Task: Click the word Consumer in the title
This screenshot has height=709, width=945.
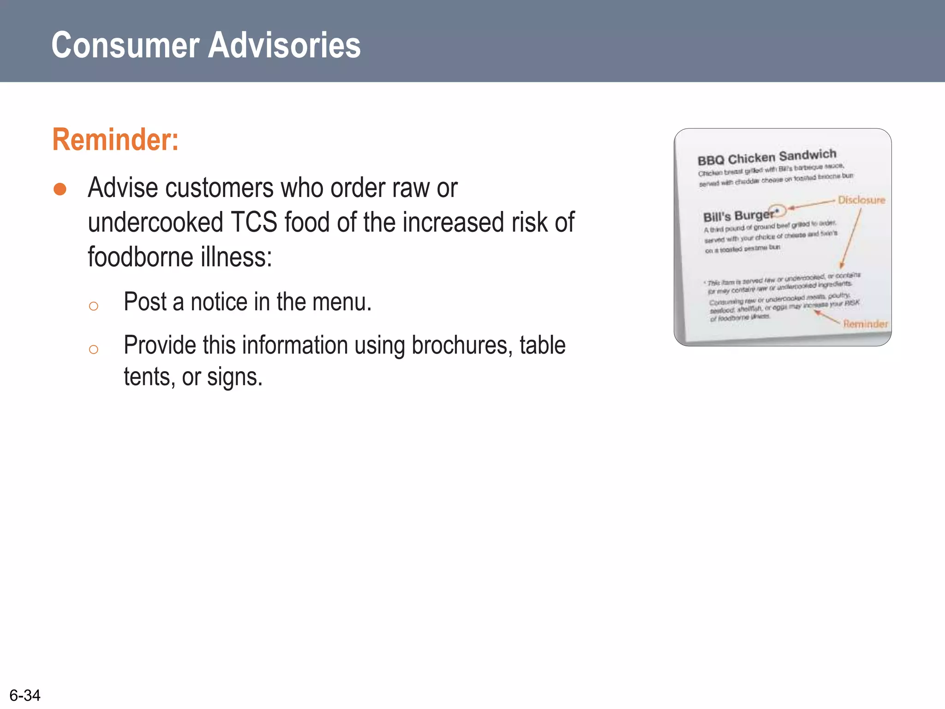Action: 125,45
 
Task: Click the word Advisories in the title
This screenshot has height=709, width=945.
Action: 284,45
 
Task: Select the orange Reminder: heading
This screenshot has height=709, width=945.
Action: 115,139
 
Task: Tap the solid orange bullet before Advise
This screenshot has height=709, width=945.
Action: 60,189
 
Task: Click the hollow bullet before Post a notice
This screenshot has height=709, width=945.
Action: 93,306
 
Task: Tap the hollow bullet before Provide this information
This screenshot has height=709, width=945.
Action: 93,349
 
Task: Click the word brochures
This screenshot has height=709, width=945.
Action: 462,346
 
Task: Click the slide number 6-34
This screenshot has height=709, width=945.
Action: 25,695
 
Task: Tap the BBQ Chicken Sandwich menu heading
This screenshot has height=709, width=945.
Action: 766,157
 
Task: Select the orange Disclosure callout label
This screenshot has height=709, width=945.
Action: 861,200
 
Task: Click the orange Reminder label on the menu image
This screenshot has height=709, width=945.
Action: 865,324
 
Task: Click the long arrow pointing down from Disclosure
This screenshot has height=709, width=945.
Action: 851,238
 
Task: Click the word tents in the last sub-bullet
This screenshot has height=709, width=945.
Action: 149,377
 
